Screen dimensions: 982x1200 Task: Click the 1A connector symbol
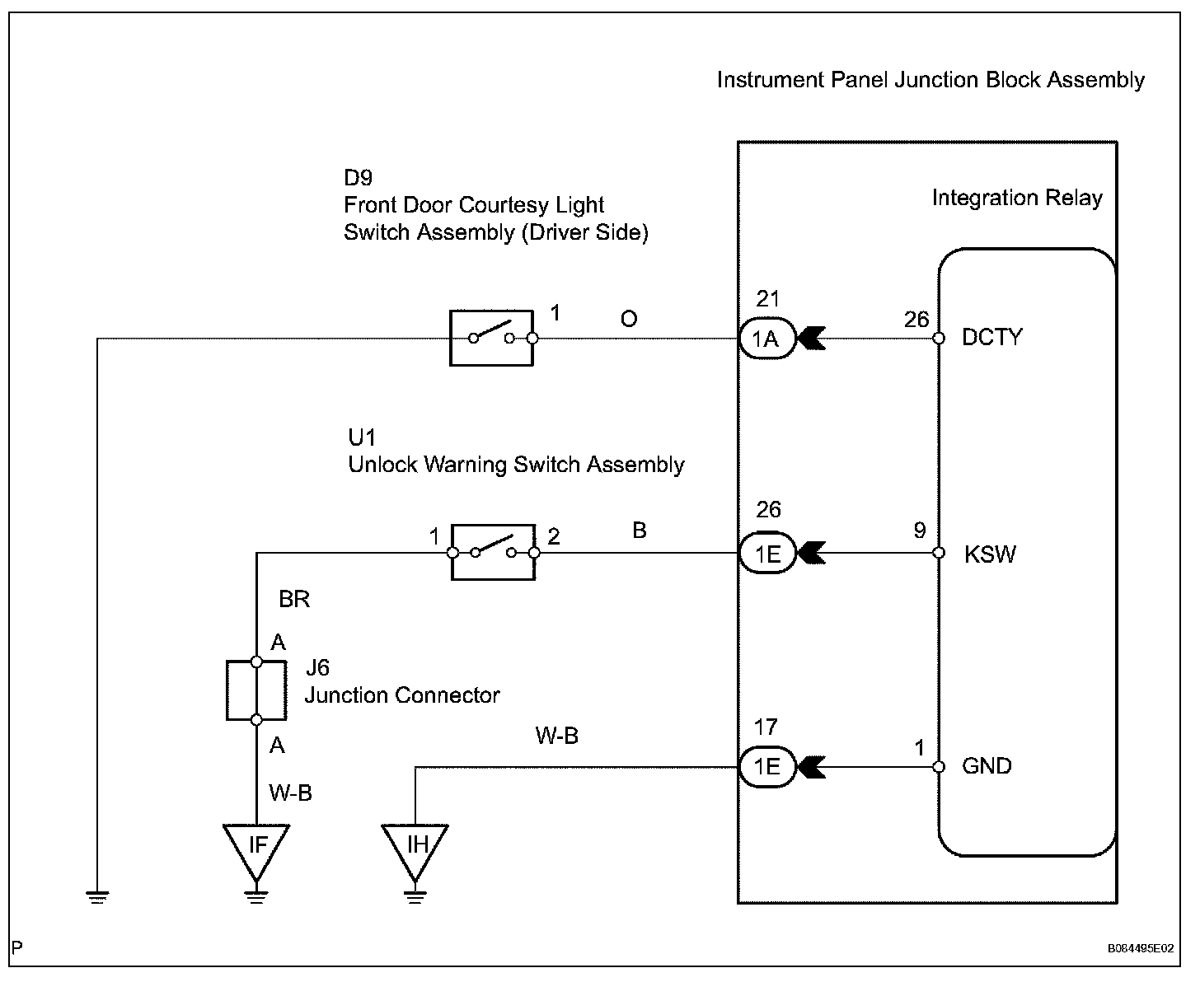pos(767,339)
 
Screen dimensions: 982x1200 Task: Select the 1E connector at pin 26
pos(767,553)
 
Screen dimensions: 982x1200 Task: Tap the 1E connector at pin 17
pos(767,767)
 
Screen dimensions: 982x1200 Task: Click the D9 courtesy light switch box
pos(491,338)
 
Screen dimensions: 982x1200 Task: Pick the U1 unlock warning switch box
pos(493,552)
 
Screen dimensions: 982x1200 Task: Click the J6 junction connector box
pos(256,690)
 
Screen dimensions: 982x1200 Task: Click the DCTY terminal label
pos(991,338)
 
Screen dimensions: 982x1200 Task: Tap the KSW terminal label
pos(990,554)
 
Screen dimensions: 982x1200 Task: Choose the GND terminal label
pos(987,767)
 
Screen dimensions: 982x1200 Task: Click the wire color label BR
pos(294,599)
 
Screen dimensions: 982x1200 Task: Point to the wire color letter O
pos(629,319)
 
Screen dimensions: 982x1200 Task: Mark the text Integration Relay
pos(1017,199)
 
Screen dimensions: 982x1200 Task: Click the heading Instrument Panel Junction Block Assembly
pos(930,80)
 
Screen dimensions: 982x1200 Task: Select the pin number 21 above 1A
pos(767,299)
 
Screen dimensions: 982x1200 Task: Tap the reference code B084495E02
pos(1140,949)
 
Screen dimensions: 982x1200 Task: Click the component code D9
pos(359,178)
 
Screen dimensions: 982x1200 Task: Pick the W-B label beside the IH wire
pos(557,736)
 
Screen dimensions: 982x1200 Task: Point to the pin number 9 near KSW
pos(920,531)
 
